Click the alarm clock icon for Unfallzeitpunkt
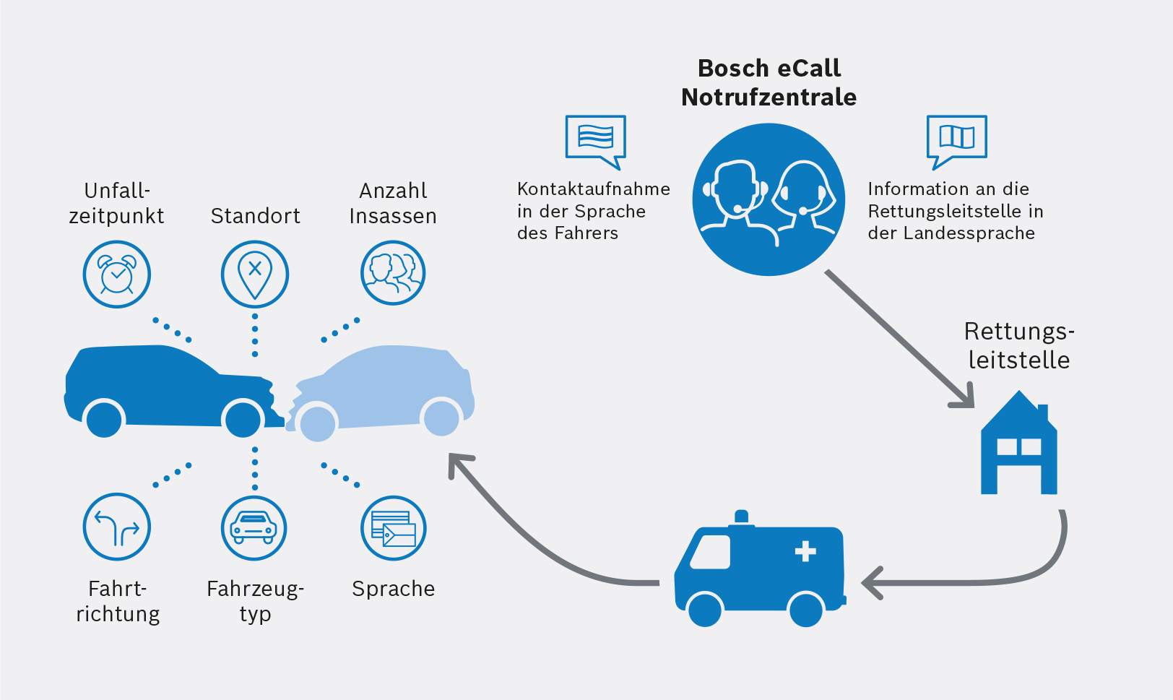click(x=116, y=275)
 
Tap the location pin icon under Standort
click(x=255, y=275)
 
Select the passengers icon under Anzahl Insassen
click(x=393, y=273)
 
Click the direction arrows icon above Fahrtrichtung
click(x=116, y=527)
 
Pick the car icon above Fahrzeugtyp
click(x=254, y=528)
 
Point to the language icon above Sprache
click(x=393, y=528)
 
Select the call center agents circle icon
click(x=769, y=199)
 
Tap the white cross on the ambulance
click(x=805, y=552)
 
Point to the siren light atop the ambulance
click(x=741, y=517)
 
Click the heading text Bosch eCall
click(x=769, y=68)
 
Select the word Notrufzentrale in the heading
click(x=769, y=97)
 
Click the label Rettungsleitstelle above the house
click(x=1018, y=345)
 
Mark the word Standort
click(x=255, y=216)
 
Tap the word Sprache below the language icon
click(x=393, y=589)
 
